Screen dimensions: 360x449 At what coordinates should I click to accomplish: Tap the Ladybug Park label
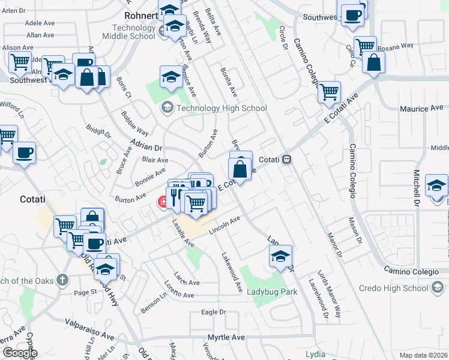click(x=272, y=292)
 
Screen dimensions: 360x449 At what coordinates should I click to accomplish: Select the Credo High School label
click(x=394, y=288)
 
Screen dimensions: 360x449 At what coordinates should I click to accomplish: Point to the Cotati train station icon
click(x=287, y=160)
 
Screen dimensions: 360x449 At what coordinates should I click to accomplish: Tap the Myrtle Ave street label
click(x=226, y=337)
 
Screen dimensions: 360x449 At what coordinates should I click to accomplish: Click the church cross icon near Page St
click(x=62, y=280)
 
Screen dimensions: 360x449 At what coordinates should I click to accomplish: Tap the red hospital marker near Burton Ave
click(x=163, y=203)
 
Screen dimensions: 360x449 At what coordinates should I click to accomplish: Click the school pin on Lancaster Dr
click(x=280, y=256)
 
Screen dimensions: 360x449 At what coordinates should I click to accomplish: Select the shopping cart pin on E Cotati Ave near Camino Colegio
click(x=329, y=92)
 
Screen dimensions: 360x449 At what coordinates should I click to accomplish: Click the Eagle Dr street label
click(x=213, y=312)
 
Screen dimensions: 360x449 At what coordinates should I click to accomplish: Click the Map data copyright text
click(x=424, y=355)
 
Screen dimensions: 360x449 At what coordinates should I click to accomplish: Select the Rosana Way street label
click(x=399, y=45)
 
